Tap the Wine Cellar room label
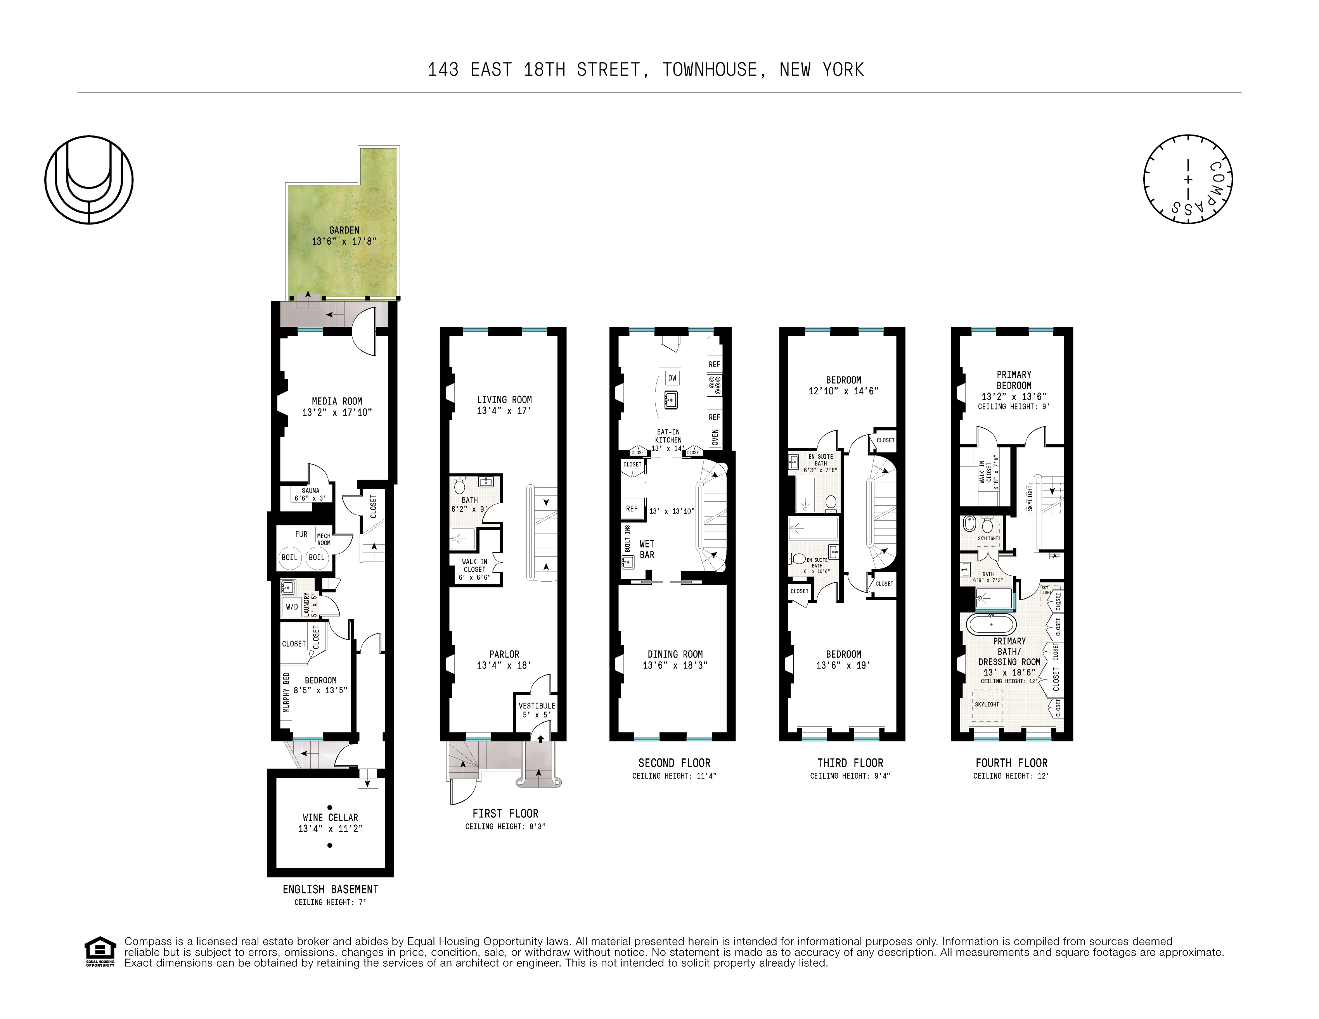coord(331,817)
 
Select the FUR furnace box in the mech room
coord(301,534)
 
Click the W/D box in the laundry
coord(292,607)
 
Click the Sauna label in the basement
coord(310,491)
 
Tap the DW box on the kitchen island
coord(672,378)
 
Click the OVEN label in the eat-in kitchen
coord(715,437)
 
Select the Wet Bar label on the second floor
coord(646,549)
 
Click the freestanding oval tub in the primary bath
coord(991,623)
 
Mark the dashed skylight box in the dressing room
coord(987,705)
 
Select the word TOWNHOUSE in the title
coord(709,70)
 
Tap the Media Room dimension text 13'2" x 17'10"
coord(336,412)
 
